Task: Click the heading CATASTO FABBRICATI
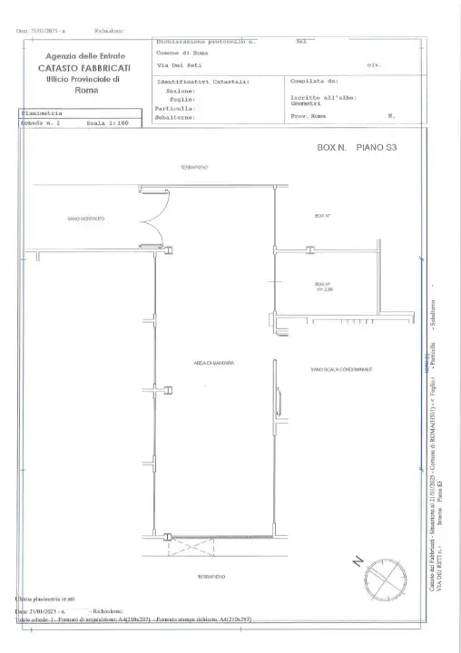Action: (80, 68)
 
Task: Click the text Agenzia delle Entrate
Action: (80, 56)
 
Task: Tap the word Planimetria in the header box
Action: (39, 113)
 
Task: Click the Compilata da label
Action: (313, 82)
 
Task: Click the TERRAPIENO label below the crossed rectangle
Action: (211, 575)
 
